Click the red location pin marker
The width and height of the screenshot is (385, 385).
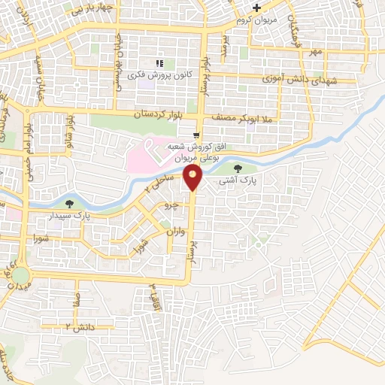tap(193, 179)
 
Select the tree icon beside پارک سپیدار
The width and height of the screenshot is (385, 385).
tap(69, 204)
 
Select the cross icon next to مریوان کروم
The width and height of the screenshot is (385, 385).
tap(256, 8)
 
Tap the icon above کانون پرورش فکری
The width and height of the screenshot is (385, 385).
tap(158, 63)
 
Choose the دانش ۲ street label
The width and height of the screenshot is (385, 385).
tap(79, 327)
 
